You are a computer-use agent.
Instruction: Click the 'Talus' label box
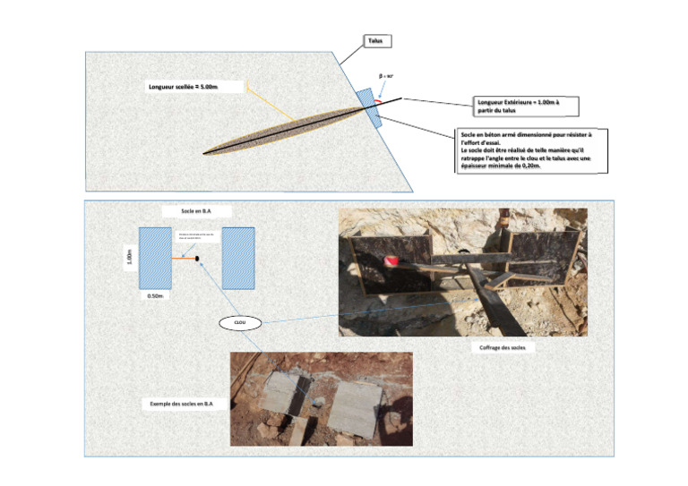pyautogui.click(x=376, y=41)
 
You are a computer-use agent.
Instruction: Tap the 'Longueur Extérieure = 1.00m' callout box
pyautogui.click(x=524, y=107)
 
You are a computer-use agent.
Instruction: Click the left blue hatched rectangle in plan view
pyautogui.click(x=155, y=258)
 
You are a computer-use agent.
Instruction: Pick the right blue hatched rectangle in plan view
pyautogui.click(x=238, y=258)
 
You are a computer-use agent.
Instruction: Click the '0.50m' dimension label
pyautogui.click(x=156, y=296)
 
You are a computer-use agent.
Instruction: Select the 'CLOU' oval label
pyautogui.click(x=239, y=322)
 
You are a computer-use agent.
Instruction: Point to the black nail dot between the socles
pyautogui.click(x=196, y=260)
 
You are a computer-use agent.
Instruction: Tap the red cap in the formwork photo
pyautogui.click(x=390, y=260)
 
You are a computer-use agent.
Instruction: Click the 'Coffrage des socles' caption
pyautogui.click(x=502, y=348)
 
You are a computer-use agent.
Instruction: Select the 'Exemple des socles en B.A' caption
pyautogui.click(x=181, y=404)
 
